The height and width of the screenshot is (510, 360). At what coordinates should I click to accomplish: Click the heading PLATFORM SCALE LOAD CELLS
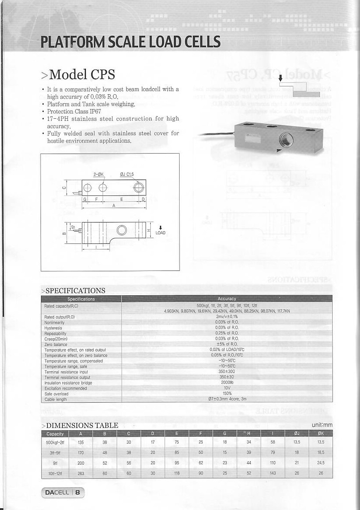pos(130,42)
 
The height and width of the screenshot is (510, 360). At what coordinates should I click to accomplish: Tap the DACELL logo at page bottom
pos(63,493)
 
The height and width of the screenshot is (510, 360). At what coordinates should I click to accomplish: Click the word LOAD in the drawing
pos(160,233)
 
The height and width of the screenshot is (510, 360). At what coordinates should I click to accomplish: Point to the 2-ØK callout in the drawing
pos(98,175)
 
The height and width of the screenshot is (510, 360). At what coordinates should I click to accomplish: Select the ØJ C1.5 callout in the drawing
pos(127,175)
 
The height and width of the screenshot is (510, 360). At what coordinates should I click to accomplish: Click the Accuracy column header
pos(227,299)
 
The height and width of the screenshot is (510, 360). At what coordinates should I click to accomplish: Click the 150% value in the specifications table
pos(227,394)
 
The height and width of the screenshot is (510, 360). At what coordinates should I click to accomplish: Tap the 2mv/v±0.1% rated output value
pos(227,317)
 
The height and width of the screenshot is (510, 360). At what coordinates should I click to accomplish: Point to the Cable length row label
pos(56,399)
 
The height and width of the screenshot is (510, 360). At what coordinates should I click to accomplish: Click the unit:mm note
pos(322,425)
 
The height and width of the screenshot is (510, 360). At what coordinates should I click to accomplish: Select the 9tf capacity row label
pos(55,463)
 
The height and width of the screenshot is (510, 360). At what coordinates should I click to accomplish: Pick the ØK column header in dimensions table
pos(321,434)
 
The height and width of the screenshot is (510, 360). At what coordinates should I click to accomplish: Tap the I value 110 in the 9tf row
pos(273,463)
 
